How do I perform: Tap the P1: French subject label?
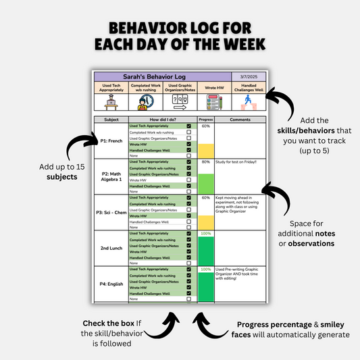(x=111, y=140)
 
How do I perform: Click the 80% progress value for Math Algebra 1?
(x=206, y=162)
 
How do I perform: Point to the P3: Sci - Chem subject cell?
(x=111, y=212)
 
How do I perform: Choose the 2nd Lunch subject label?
(x=111, y=248)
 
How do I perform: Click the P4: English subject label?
(x=111, y=284)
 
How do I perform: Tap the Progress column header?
(x=206, y=120)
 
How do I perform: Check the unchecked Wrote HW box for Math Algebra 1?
(x=188, y=180)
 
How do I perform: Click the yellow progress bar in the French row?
(x=206, y=150)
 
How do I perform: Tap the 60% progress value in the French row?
(x=206, y=126)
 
